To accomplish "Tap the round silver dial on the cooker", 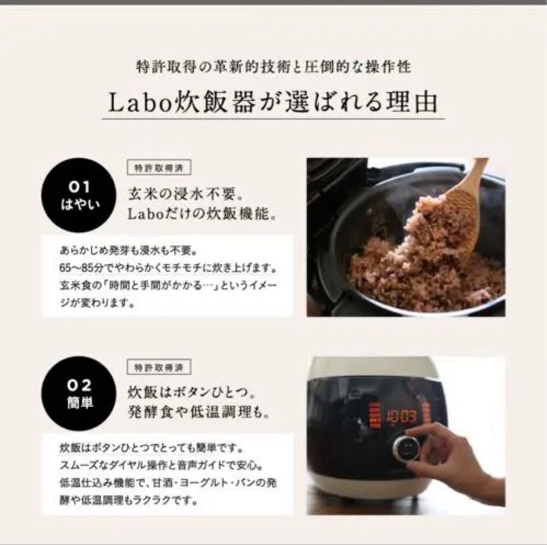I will (406, 447).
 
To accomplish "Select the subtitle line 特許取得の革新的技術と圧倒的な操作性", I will (273, 67).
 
